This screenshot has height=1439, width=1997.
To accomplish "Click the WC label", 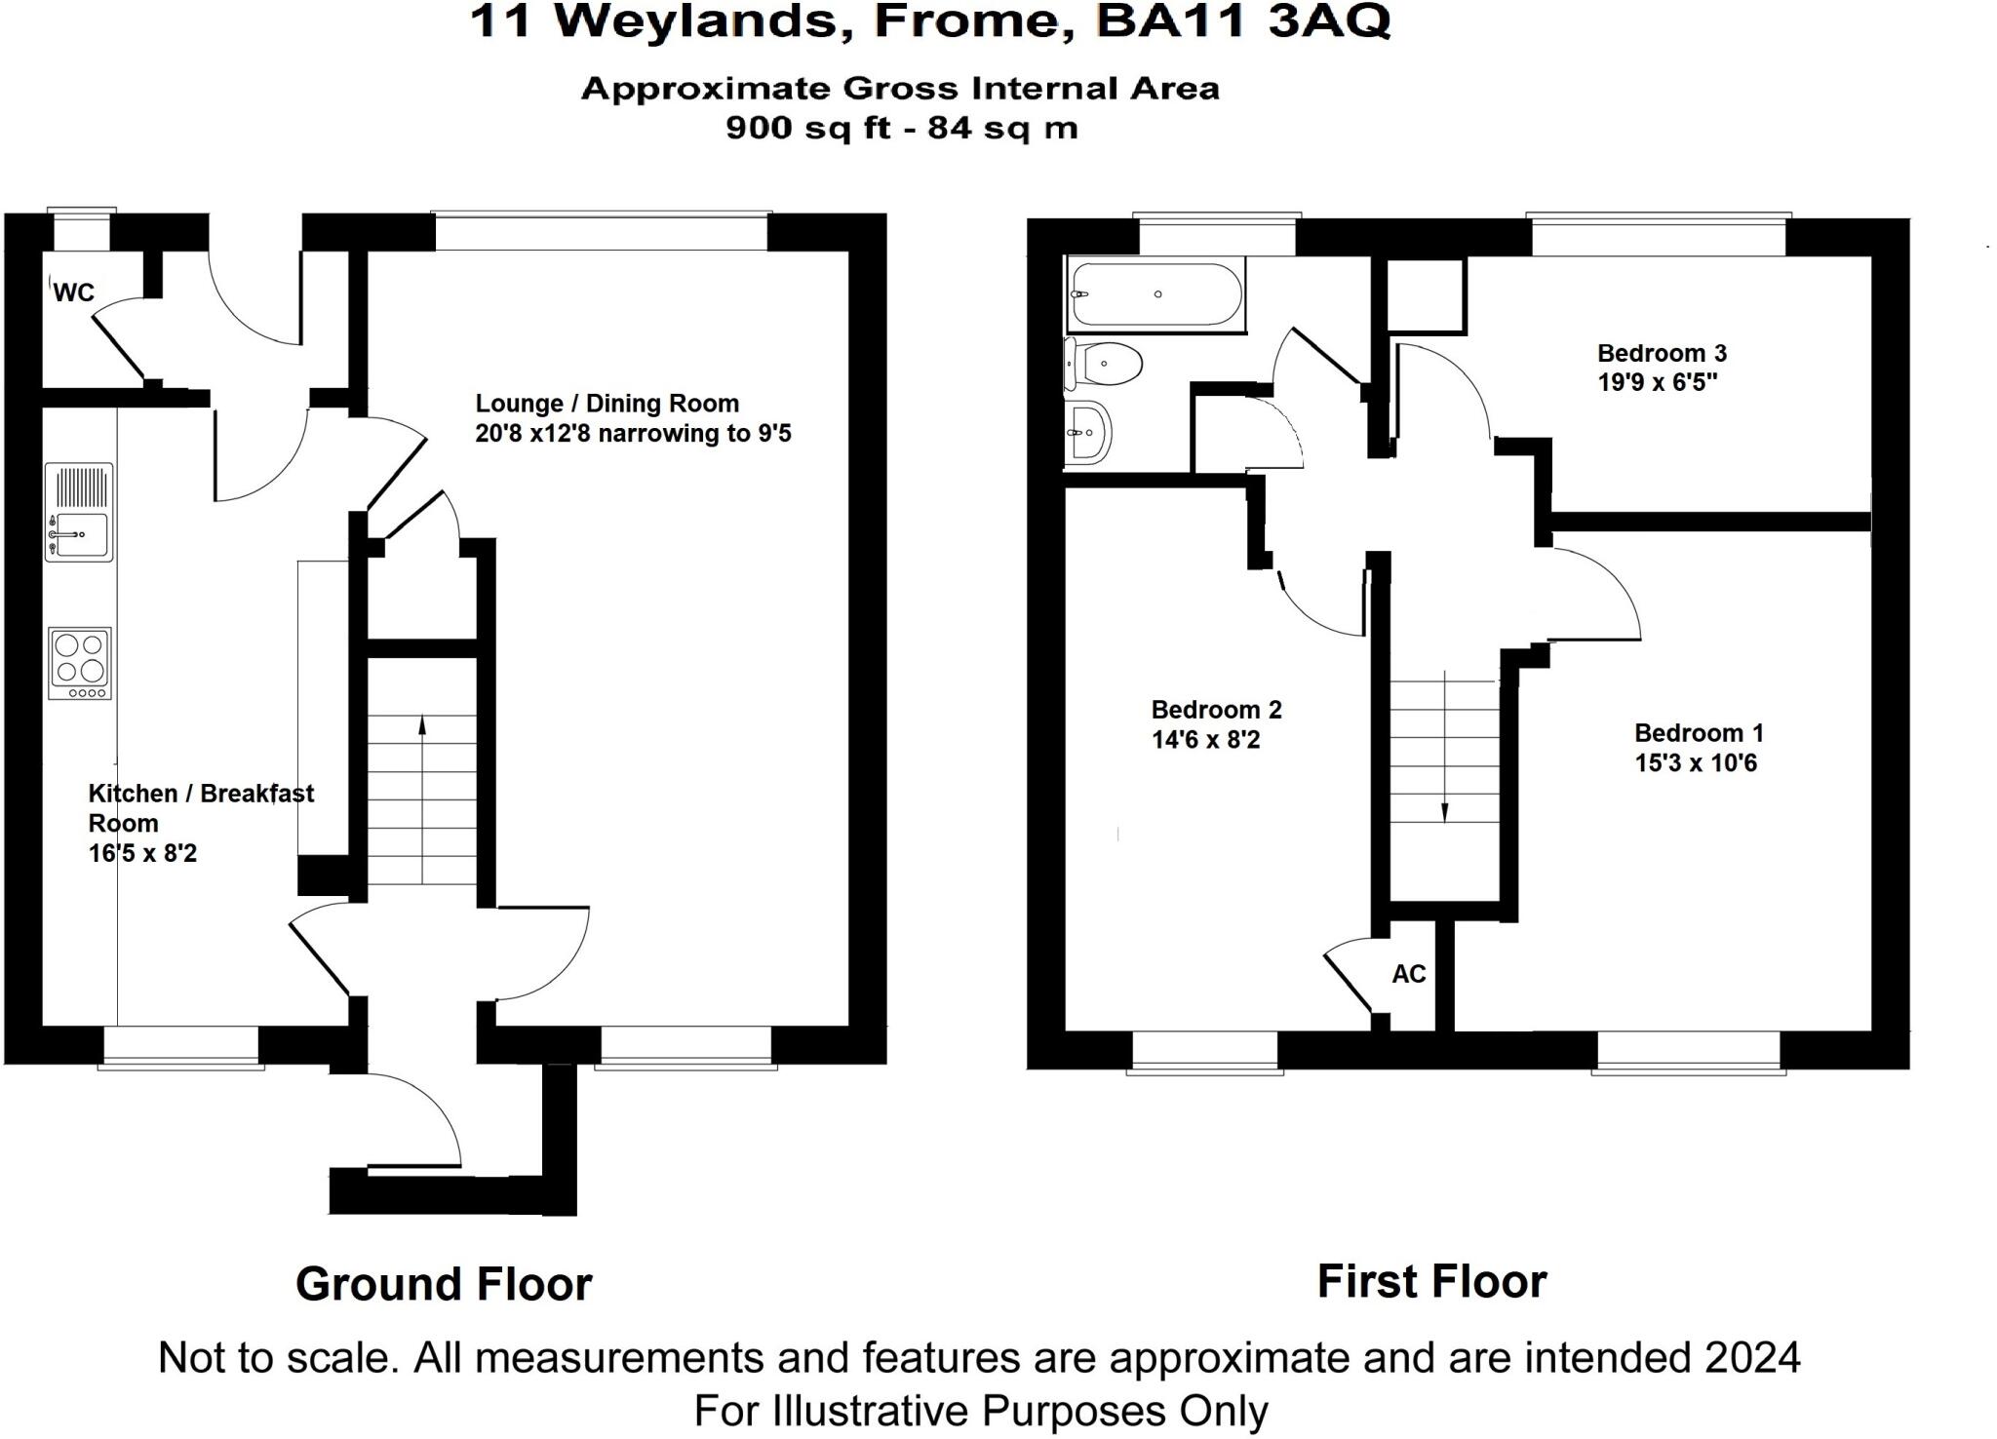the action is pos(73,292).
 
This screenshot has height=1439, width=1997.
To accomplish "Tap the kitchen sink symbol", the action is pos(79,512).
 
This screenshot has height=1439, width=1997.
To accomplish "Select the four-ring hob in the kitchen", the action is pos(80,663).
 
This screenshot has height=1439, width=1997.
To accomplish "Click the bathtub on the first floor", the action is pos(1155,294).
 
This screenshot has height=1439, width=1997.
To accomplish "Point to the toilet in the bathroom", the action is pos(1105,365).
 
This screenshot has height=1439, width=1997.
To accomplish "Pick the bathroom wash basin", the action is pos(1087,432).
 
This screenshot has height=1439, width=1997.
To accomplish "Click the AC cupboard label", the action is pos(1408,974).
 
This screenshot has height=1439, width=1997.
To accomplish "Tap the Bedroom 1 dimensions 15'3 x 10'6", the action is pos(1696,763).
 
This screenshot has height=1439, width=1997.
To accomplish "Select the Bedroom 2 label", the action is pos(1216,710).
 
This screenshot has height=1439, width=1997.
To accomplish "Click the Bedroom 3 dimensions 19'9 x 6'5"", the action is pos(1658,382).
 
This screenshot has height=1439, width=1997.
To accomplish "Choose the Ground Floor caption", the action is pos(444,1284).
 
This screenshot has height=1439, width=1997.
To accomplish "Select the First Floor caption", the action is pos(1431,1281).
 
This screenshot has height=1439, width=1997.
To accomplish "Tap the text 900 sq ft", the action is pos(808,128).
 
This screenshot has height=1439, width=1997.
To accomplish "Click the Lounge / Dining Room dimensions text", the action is pos(633,433).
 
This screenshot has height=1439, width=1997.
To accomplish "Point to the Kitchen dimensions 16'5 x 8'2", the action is pos(142,853).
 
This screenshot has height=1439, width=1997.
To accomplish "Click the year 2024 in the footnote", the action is pos(1752,1357).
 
